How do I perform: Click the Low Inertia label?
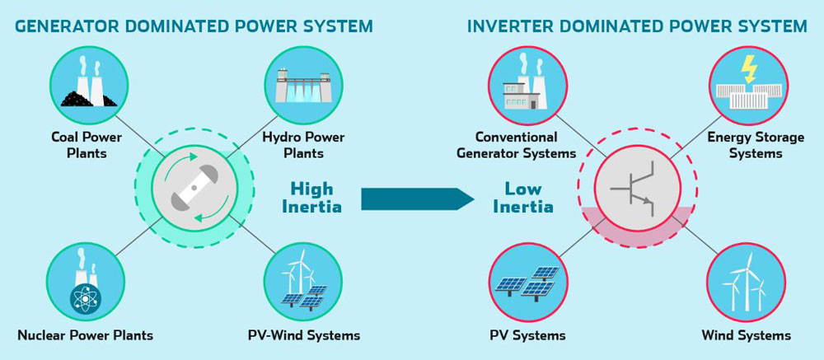(522, 197)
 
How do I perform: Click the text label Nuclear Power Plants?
(85, 335)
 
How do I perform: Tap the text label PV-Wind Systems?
(304, 335)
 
